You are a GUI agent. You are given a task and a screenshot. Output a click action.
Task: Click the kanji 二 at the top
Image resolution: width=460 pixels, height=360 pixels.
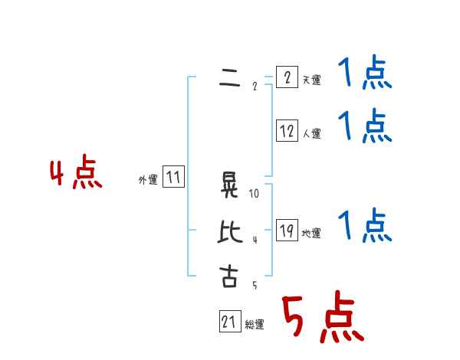[x=229, y=77]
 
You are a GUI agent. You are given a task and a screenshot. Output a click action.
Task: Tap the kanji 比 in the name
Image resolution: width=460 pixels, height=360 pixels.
[x=229, y=231]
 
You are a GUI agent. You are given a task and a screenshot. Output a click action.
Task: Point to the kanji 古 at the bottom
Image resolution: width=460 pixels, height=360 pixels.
[x=229, y=276]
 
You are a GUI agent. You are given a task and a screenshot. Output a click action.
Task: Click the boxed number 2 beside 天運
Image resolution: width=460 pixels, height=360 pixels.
[x=286, y=77]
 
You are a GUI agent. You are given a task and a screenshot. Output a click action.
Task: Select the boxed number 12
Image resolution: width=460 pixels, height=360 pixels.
[x=286, y=131]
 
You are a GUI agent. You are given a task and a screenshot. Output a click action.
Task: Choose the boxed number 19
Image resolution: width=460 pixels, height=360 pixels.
[x=286, y=231]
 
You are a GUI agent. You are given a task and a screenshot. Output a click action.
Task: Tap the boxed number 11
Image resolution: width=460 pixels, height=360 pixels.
[x=173, y=178]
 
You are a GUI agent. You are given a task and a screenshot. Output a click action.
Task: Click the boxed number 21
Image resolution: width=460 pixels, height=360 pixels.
[x=229, y=322]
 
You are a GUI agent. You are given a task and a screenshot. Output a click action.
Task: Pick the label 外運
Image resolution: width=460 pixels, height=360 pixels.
[x=148, y=180]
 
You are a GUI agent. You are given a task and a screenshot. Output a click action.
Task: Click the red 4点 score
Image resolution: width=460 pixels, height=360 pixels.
[x=76, y=173]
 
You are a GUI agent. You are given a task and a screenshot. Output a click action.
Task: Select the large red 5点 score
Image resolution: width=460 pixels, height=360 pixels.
[x=321, y=317]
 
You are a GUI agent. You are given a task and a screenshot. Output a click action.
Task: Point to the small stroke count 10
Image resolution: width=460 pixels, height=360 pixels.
[x=255, y=194]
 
